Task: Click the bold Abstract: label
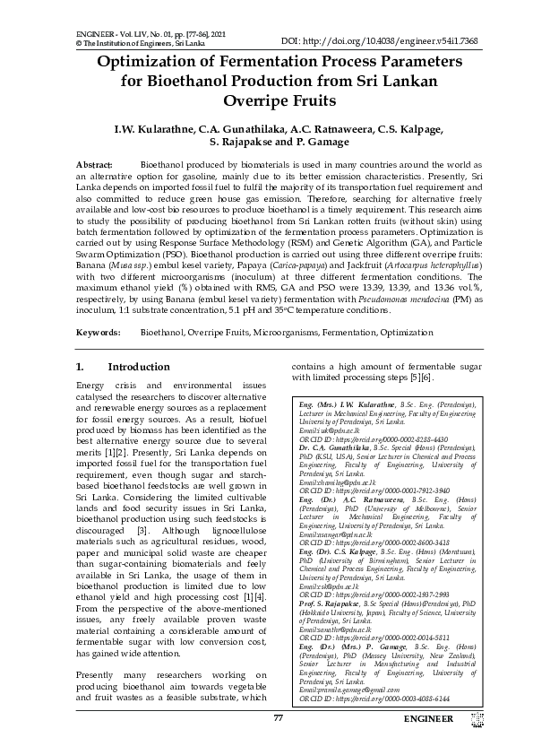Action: click(94, 166)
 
